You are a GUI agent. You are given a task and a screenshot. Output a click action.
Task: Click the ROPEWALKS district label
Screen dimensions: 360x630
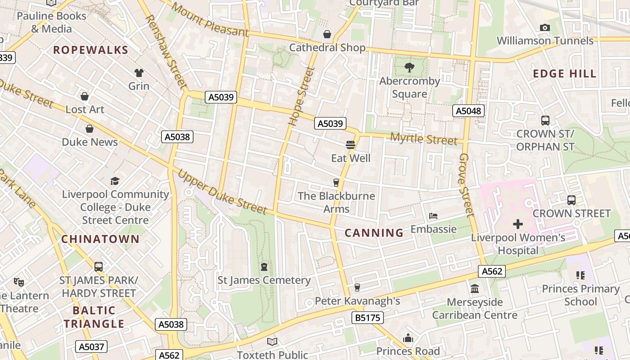(90, 50)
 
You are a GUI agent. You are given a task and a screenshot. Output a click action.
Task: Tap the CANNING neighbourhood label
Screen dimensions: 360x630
(374, 233)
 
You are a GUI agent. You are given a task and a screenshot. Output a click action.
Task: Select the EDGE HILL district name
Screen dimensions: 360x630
(564, 74)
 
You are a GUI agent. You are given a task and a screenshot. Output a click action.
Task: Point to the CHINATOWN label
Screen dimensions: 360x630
(100, 239)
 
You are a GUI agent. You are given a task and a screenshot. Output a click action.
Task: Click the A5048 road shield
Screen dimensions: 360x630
(468, 111)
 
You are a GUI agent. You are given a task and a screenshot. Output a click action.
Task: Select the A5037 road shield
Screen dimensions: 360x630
(91, 346)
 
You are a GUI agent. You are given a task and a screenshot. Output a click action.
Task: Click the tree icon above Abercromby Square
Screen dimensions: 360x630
(409, 68)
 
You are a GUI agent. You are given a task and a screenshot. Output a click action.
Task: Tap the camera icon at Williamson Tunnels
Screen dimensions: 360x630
(544, 28)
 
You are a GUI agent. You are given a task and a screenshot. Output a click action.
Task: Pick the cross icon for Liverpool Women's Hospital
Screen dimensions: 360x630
(517, 224)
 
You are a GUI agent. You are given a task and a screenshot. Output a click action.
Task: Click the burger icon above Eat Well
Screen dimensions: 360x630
(351, 145)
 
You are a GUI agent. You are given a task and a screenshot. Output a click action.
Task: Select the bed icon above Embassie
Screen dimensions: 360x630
(433, 216)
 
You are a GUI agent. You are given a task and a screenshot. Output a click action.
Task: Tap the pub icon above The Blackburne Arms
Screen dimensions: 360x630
(336, 183)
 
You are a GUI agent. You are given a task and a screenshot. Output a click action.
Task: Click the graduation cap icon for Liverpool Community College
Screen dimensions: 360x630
(115, 181)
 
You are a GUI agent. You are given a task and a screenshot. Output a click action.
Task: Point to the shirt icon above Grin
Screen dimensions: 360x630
(139, 73)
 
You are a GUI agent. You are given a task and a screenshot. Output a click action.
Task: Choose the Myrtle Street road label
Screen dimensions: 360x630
(423, 139)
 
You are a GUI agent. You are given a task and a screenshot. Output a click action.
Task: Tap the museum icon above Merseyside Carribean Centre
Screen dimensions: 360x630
(474, 288)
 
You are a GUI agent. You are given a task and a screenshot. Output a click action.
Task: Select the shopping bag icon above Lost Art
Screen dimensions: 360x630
(85, 96)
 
